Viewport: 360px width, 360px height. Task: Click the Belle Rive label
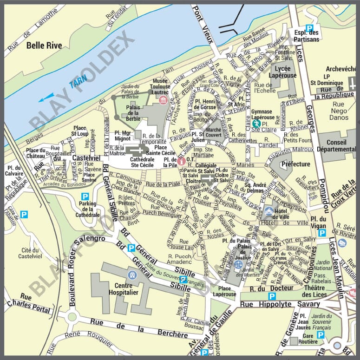(x=42, y=45)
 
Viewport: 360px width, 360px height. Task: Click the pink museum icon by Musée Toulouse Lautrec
(x=163, y=100)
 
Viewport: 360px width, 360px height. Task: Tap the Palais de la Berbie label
(x=133, y=112)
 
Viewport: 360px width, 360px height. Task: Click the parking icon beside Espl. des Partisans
(x=309, y=28)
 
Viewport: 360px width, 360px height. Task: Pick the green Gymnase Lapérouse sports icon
(x=255, y=124)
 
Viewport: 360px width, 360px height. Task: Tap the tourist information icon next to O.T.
(x=182, y=161)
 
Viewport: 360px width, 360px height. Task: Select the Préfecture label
(x=295, y=164)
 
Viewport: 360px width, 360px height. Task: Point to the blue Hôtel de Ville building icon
(x=268, y=212)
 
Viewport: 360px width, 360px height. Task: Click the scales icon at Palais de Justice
(x=238, y=264)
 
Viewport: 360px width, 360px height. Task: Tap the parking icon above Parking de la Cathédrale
(x=85, y=196)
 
